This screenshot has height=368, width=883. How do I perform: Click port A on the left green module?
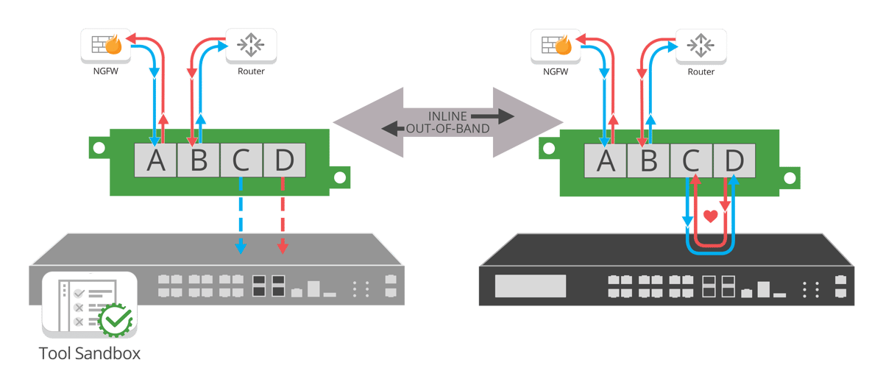(x=156, y=160)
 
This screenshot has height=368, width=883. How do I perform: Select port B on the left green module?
(x=199, y=160)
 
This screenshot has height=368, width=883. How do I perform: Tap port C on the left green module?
(x=241, y=160)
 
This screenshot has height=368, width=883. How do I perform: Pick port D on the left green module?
(x=283, y=160)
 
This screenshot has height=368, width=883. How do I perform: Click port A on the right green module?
(x=606, y=160)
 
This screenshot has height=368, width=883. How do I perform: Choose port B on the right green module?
(x=648, y=160)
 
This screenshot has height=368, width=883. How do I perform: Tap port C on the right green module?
(x=691, y=160)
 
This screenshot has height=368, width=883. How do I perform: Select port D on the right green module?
(x=733, y=160)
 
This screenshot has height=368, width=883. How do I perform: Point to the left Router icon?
(x=251, y=46)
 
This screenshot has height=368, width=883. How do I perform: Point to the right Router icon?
(x=701, y=46)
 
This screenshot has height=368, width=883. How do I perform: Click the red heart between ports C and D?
(x=710, y=216)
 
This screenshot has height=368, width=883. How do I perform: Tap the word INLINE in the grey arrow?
(x=450, y=116)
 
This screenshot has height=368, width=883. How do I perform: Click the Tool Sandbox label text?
(x=90, y=352)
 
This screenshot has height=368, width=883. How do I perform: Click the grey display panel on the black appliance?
(x=530, y=286)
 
